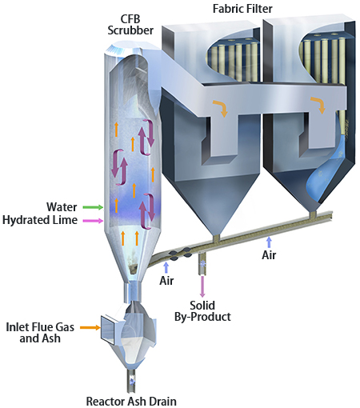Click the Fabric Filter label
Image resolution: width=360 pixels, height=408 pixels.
point(242,9)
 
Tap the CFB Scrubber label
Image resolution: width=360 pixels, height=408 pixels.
point(130,25)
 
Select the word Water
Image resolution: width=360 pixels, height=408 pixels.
point(62,207)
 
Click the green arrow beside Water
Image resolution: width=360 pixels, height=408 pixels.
point(93,207)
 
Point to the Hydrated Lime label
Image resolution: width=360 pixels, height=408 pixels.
point(40,220)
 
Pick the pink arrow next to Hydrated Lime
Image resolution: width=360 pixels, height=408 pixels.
point(93,221)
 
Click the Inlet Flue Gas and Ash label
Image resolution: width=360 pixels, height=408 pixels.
point(40,333)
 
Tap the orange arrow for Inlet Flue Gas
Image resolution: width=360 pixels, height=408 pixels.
point(90,327)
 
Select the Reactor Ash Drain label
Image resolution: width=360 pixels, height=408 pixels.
point(131,401)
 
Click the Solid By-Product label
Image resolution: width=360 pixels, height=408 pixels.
point(202,311)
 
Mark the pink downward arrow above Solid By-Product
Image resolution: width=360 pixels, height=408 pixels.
point(202,286)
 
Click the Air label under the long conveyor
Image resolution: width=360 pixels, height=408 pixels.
point(269,255)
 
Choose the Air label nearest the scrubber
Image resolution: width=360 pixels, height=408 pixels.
point(166,281)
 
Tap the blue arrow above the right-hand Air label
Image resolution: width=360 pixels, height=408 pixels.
point(269,242)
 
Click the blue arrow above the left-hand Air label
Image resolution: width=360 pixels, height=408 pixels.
point(166,267)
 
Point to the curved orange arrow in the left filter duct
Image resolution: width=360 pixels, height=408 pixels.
point(221,107)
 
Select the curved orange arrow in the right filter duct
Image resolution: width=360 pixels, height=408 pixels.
point(318,105)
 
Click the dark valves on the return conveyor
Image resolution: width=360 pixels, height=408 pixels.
point(180,254)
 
